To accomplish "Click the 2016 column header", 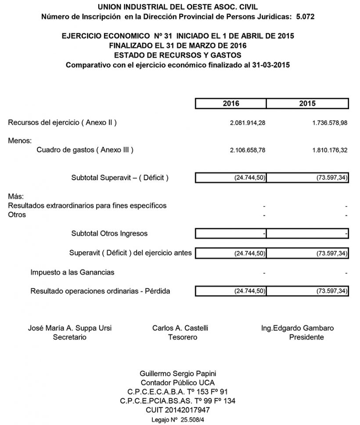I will tap(230, 104).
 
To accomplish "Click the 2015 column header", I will tap(307, 104).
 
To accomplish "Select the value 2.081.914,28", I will tap(248, 124).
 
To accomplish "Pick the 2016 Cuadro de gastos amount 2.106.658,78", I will tap(248, 150).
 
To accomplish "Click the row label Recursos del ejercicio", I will tap(62, 123).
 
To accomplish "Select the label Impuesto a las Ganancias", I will tap(72, 272).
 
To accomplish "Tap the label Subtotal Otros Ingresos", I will tap(109, 233).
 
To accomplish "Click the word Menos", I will tap(20, 141).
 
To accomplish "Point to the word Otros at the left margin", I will tap(17, 215).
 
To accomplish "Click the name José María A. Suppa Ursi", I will tap(72, 328).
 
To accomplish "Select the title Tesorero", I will tap(182, 338).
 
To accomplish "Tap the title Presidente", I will tap(306, 338).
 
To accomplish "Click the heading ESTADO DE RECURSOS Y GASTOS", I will tap(177, 55).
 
